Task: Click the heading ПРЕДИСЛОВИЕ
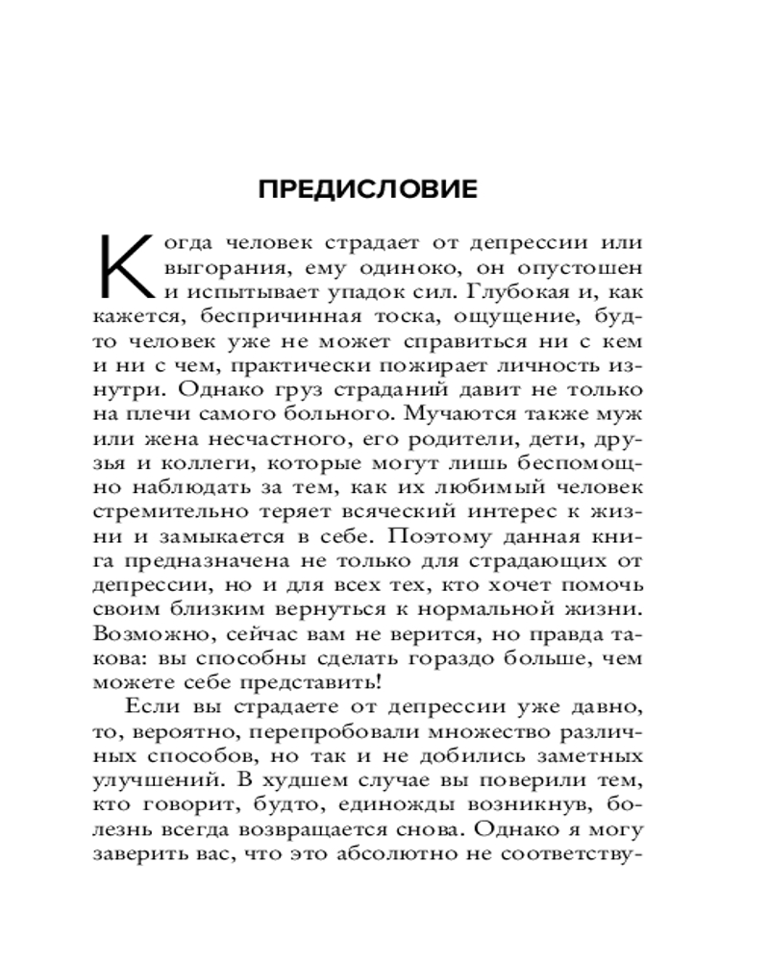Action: (x=368, y=189)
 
